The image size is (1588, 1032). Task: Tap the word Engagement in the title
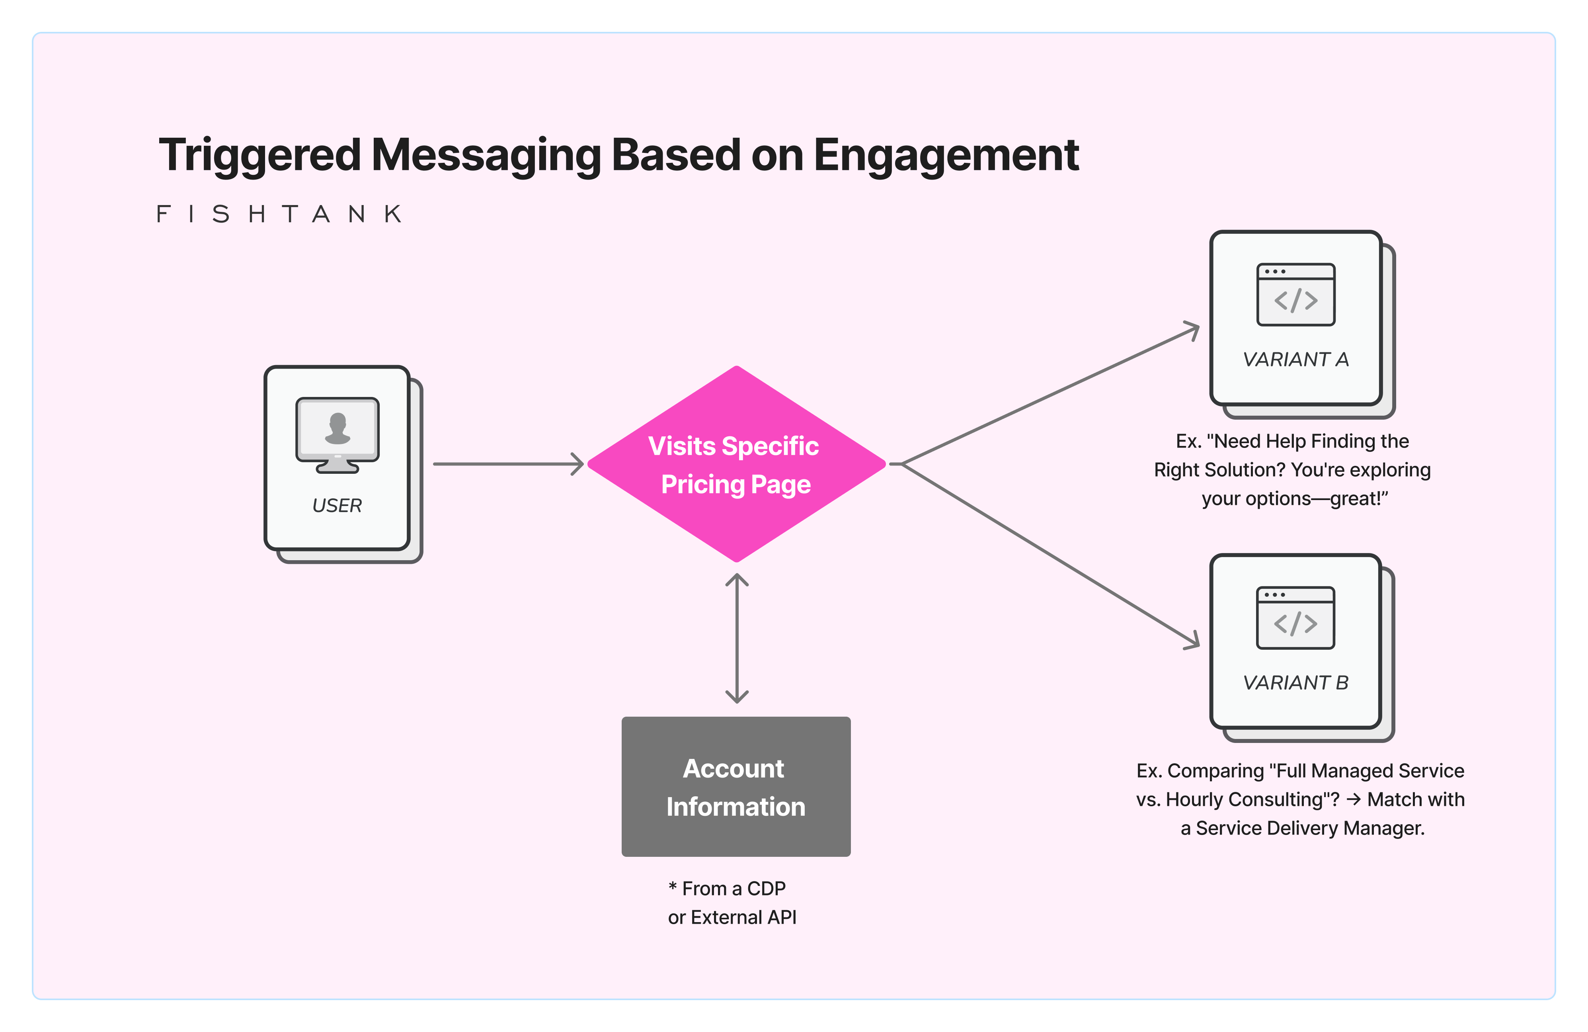coord(946,155)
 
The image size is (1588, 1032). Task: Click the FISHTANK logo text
coord(279,214)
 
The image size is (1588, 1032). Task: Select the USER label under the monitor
coord(337,505)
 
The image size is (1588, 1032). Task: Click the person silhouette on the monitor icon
coord(337,428)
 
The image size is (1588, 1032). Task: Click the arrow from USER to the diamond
coord(507,463)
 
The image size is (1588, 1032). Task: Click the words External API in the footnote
coord(743,917)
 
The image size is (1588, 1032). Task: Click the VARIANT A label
coord(1295,360)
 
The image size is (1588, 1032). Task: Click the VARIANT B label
coord(1295,683)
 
